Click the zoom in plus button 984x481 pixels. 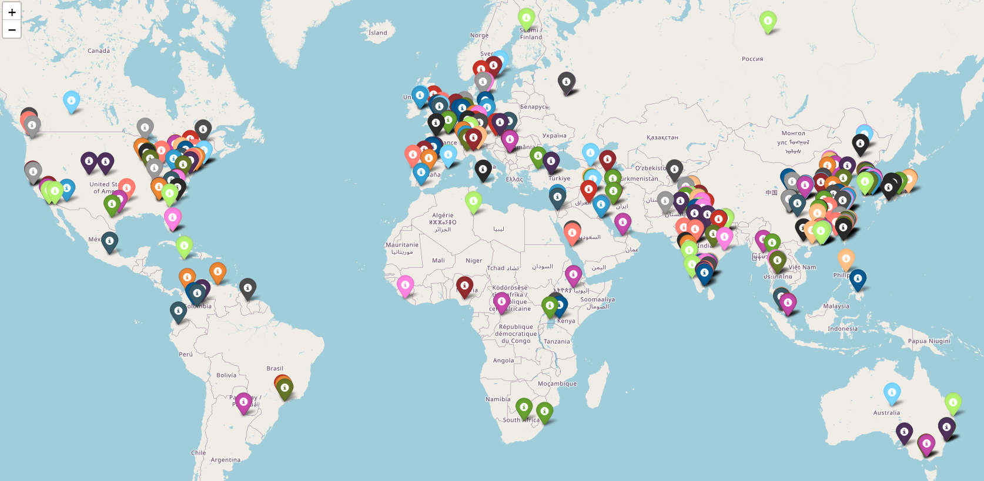12,12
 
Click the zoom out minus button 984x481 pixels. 12,29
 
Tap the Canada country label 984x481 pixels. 99,51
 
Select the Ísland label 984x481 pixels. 377,33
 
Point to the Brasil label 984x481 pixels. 275,368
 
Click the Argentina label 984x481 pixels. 225,460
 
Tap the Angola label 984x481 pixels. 503,361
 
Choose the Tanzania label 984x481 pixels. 557,341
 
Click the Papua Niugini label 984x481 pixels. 929,341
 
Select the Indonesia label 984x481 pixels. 842,329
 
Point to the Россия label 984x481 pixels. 752,59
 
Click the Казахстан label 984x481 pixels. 662,137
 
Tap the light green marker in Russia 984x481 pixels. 768,21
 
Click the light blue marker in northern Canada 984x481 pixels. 71,101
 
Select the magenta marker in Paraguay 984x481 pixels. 243,402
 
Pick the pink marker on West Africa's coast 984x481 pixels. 405,285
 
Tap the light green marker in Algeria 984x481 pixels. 473,201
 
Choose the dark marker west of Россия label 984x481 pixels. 566,83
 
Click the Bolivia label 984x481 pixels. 226,375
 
